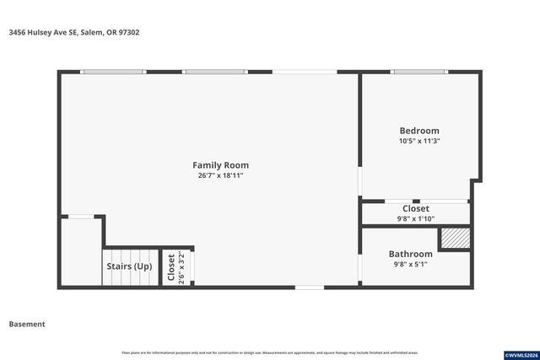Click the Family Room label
[220, 165]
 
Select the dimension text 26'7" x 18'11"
[220, 176]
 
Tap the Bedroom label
[419, 131]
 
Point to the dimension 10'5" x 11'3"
[419, 141]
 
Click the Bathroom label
[410, 254]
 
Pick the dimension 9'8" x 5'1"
[410, 264]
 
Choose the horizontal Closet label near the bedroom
[415, 208]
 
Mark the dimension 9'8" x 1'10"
[415, 218]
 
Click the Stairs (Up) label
[130, 266]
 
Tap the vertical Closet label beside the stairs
[171, 267]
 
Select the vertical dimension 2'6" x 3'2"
[181, 267]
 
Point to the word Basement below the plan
[27, 324]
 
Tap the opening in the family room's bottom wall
[309, 287]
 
